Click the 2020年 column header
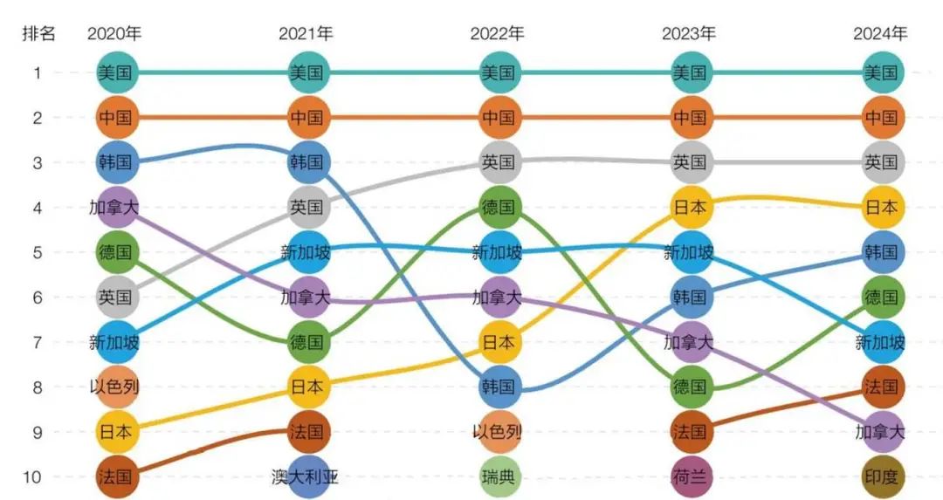pos(114,34)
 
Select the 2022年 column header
pos(498,34)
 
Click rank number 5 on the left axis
pos(38,252)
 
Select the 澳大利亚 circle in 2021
pos(306,476)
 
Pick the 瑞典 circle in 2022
pos(499,476)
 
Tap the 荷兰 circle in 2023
pos(690,476)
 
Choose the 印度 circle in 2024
pos(881,476)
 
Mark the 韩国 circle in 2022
pos(499,387)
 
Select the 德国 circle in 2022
pos(499,207)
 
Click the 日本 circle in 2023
pos(690,207)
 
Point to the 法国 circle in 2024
pos(881,387)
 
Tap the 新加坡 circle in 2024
pos(881,342)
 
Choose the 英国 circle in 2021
pos(306,207)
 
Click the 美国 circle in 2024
pos(881,72)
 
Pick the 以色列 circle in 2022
pos(499,432)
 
